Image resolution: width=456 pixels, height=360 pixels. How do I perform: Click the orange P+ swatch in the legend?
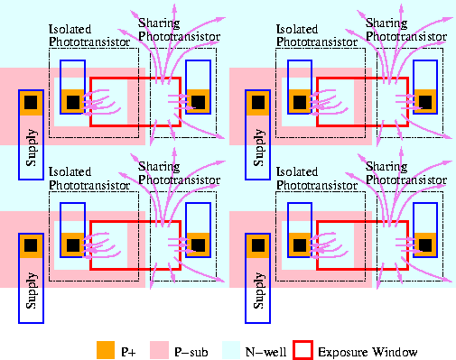pyautogui.click(x=106, y=348)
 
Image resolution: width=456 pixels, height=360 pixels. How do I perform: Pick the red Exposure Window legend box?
pyautogui.click(x=303, y=348)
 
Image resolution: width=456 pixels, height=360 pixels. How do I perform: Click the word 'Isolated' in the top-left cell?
pyautogui.click(x=70, y=29)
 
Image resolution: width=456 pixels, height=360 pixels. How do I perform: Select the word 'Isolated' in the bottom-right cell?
pyautogui.click(x=296, y=170)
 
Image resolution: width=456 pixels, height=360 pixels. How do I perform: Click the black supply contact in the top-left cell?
pyautogui.click(x=31, y=102)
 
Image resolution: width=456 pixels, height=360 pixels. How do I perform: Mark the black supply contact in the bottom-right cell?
pyautogui.click(x=257, y=244)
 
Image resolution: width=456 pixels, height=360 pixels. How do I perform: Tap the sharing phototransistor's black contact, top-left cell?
pyautogui.click(x=197, y=101)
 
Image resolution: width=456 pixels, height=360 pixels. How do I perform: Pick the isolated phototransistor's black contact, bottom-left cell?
pyautogui.click(x=72, y=243)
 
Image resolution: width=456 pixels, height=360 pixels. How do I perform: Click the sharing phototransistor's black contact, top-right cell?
pyautogui.click(x=423, y=101)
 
